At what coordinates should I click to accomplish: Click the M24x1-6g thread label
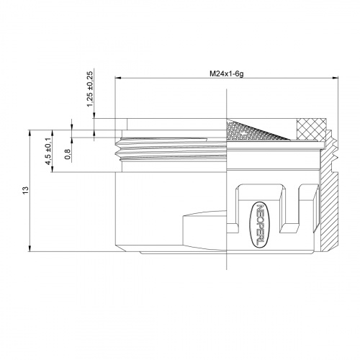point(226,72)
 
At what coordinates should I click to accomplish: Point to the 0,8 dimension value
point(68,153)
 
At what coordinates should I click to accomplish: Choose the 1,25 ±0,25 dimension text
point(90,90)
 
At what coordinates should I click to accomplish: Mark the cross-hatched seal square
point(314,128)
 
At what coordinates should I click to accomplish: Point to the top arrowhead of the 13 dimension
point(31,132)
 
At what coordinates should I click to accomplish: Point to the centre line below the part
point(226,263)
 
